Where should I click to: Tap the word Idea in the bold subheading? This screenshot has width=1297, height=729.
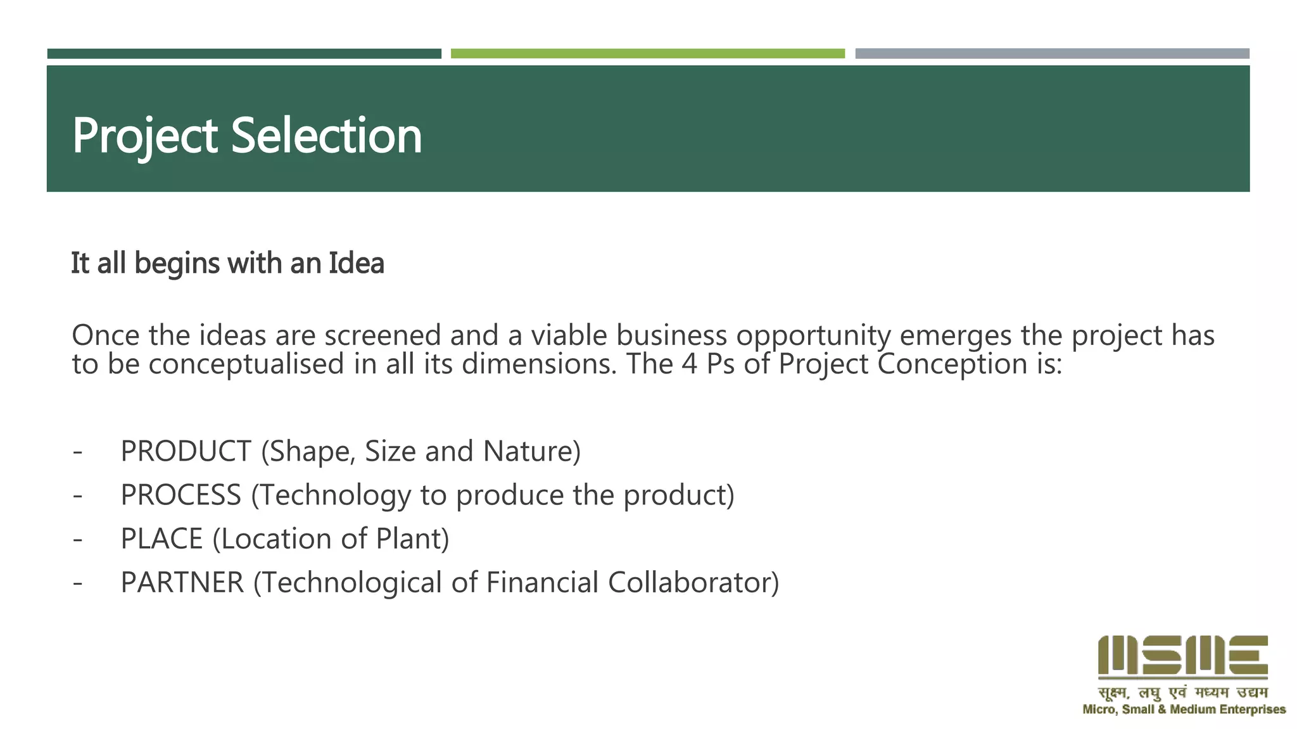[x=356, y=263]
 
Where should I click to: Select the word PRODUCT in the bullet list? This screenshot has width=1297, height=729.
[x=186, y=451]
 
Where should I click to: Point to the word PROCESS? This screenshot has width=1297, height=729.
[x=181, y=495]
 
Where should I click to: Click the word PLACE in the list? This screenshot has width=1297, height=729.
[x=161, y=539]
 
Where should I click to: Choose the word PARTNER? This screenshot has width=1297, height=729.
[x=182, y=583]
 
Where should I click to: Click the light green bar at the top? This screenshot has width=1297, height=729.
[x=647, y=54]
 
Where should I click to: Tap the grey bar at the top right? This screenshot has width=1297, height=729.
[x=1052, y=54]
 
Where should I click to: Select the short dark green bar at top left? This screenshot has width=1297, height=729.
[x=244, y=54]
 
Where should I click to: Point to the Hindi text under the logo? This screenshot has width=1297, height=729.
[x=1182, y=693]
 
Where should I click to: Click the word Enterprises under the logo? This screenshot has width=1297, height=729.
[x=1252, y=710]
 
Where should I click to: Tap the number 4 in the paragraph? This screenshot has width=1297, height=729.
[x=690, y=364]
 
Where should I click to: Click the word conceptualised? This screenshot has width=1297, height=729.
[x=237, y=364]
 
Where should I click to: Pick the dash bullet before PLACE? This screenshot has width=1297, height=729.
[x=77, y=539]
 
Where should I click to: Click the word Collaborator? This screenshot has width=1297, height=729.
[x=693, y=583]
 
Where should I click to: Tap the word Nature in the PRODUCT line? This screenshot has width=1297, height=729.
[x=531, y=451]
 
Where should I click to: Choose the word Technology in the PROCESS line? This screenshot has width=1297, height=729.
[x=334, y=495]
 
